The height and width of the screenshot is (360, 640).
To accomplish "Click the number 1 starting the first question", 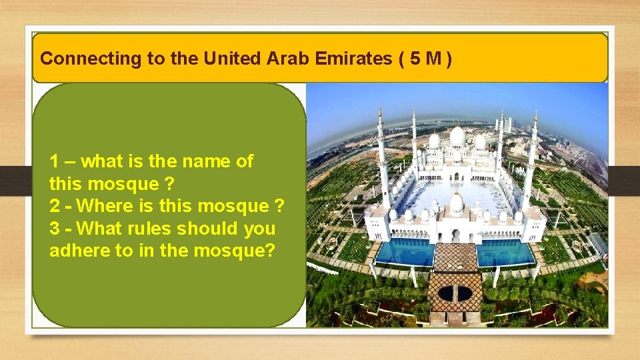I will coord(55,161).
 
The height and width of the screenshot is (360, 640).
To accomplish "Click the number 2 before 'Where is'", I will coord(55,207).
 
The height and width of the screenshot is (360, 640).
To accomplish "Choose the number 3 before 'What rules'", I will coord(55,229).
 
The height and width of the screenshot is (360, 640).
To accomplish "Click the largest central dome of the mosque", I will coord(457,136).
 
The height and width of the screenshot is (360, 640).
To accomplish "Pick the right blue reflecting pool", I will coord(505,252).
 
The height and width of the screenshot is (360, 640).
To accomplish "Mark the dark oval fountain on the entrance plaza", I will coord(455,293).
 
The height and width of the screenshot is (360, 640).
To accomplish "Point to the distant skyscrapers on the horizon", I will coord(505,124).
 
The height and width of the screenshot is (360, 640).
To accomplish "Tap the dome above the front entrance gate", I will coord(456,202).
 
